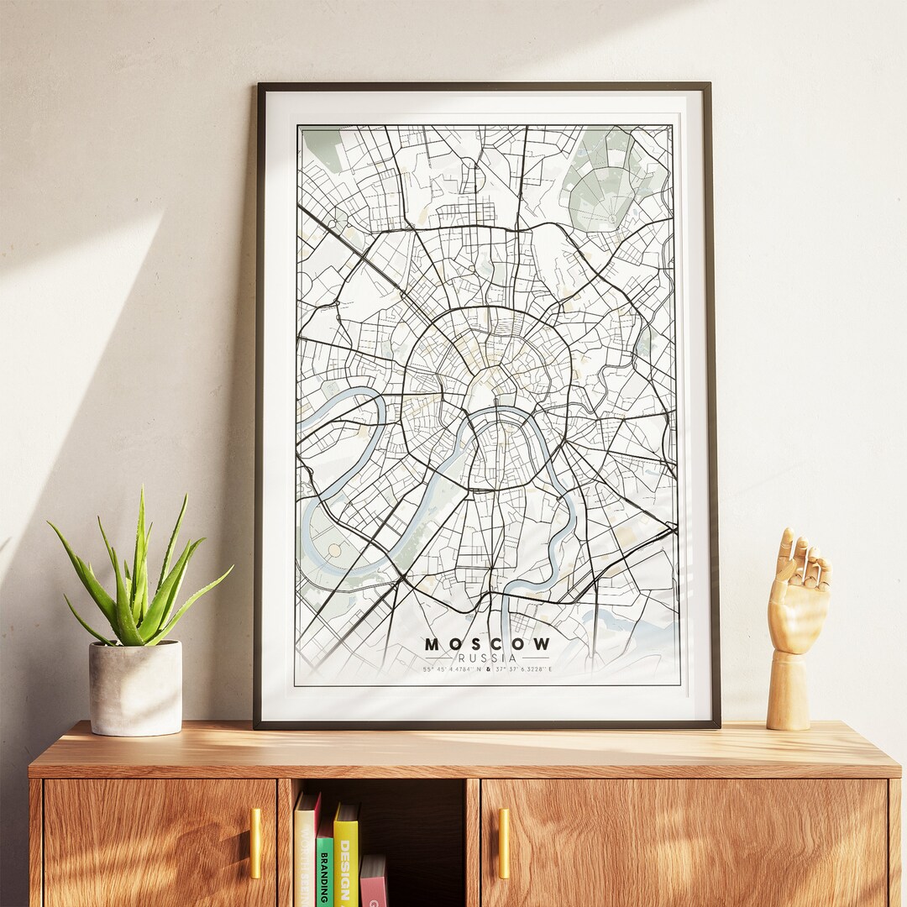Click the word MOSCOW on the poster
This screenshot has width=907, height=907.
point(487,644)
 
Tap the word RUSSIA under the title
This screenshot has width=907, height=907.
point(487,658)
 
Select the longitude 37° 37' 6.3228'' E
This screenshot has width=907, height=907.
point(524,669)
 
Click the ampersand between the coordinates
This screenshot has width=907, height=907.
point(487,669)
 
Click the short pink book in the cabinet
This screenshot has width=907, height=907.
point(374,882)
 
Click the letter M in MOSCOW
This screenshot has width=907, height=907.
point(432,644)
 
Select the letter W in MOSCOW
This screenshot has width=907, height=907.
point(542,644)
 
